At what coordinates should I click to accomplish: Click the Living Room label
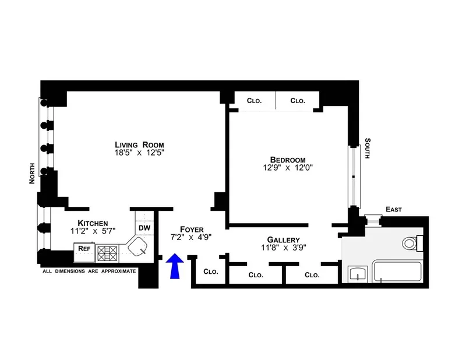click(139, 145)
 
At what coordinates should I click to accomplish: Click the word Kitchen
click(93, 223)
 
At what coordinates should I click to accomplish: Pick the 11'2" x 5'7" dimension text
click(93, 231)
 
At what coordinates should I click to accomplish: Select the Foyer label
click(191, 229)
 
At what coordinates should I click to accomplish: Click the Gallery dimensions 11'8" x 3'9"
click(283, 248)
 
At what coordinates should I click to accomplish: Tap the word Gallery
click(283, 239)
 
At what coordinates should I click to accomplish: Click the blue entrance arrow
click(174, 266)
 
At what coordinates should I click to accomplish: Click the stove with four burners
click(107, 253)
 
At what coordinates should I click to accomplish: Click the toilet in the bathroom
click(412, 243)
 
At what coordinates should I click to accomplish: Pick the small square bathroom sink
click(357, 274)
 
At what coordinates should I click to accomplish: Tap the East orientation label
click(394, 209)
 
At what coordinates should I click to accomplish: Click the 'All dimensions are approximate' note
click(89, 271)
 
